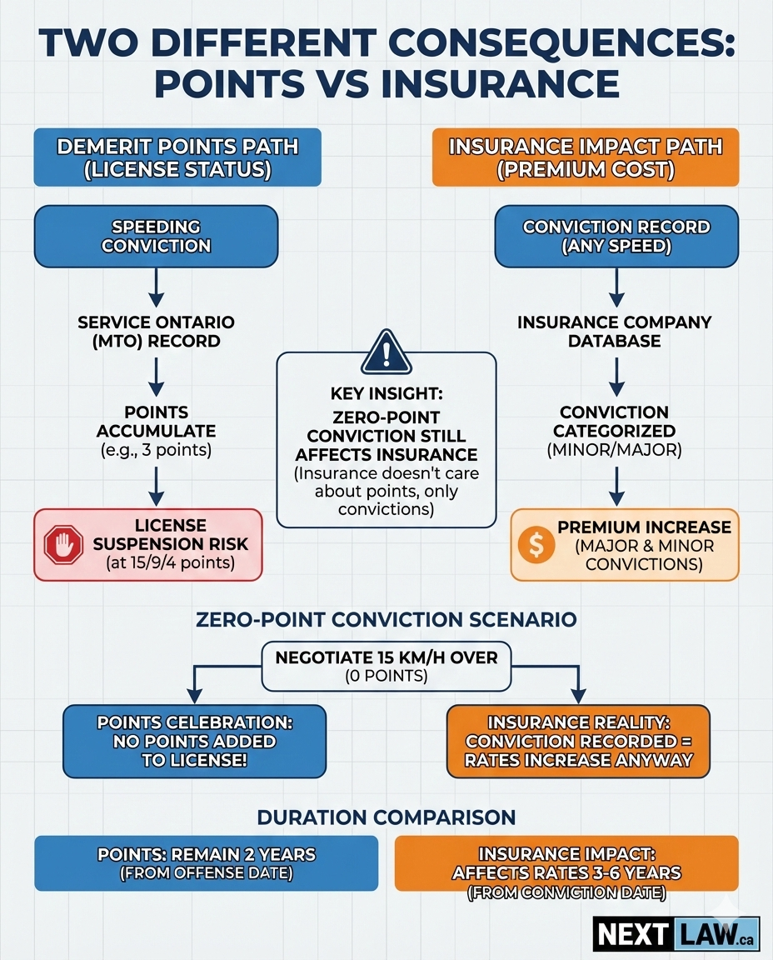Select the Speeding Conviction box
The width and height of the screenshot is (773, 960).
[155, 236]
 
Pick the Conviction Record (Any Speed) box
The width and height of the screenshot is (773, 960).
[616, 236]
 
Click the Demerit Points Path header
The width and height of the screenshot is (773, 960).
[177, 157]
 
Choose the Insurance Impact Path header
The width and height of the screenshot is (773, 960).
[585, 157]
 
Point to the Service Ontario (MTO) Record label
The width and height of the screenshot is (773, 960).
[155, 332]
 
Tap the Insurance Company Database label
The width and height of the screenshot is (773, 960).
[616, 332]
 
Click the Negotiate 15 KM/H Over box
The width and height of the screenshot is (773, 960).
[386, 666]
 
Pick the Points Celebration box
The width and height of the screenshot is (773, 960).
[194, 740]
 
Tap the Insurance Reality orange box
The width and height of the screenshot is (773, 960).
[578, 740]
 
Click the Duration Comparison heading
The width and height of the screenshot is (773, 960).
[386, 817]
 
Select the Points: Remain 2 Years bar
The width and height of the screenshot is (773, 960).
[206, 863]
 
